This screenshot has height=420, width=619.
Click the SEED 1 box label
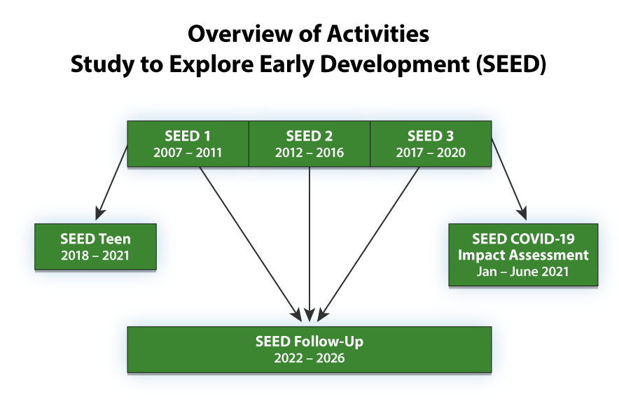point(188,136)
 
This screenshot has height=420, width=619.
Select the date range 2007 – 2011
point(188,152)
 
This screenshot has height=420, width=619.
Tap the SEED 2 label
point(309,136)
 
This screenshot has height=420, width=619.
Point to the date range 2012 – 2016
point(309,152)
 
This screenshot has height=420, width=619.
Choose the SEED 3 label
point(431,136)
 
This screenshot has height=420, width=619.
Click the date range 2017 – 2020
point(431,152)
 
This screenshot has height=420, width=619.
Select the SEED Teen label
point(95,239)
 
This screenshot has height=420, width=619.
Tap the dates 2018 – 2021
point(95,255)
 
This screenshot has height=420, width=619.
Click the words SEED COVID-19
point(523,239)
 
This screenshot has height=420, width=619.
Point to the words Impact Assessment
point(523,255)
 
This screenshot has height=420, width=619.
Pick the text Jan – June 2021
point(523,271)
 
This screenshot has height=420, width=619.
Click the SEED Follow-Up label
point(309,342)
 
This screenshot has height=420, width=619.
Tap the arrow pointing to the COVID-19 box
point(508,178)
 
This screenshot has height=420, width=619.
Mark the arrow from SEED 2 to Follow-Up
point(309,245)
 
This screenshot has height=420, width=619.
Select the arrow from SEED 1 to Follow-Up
point(249,241)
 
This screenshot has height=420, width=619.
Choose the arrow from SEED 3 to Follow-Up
point(371,241)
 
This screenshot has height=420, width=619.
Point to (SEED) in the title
point(512,64)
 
